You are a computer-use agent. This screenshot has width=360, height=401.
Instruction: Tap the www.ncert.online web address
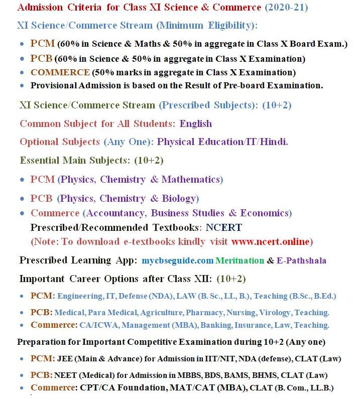(x=272, y=241)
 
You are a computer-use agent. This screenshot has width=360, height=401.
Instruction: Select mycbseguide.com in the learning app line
(x=177, y=260)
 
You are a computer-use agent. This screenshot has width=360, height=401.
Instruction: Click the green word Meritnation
(x=239, y=260)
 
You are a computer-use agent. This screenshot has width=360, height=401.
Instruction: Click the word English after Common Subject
(x=196, y=123)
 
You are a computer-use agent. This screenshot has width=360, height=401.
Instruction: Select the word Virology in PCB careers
(x=275, y=312)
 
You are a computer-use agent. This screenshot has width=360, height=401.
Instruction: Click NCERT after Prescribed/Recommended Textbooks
(x=223, y=227)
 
